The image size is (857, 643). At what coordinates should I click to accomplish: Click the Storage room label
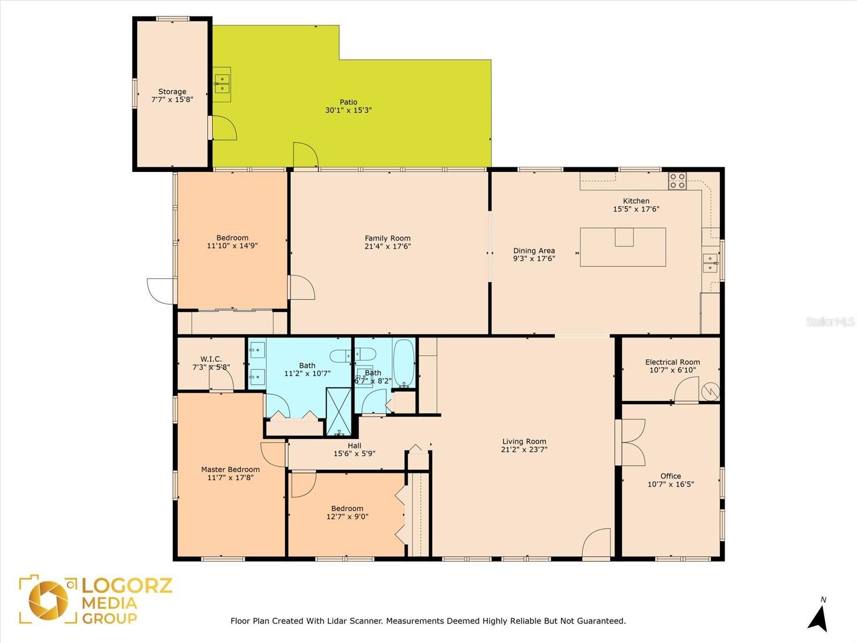click(172, 92)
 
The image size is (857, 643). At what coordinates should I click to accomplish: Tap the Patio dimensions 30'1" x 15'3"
click(348, 110)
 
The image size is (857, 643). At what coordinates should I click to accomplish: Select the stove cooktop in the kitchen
click(677, 181)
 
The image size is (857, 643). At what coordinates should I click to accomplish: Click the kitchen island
click(623, 247)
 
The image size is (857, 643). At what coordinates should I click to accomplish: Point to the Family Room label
click(388, 238)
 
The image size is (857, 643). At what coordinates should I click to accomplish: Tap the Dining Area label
click(533, 251)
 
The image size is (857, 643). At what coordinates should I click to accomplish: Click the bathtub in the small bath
click(403, 363)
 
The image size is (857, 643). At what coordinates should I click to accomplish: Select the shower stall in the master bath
click(339, 412)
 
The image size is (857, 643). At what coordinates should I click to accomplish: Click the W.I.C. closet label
click(211, 359)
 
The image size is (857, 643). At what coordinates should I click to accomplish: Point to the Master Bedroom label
click(230, 469)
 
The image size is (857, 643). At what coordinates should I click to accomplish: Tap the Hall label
click(355, 445)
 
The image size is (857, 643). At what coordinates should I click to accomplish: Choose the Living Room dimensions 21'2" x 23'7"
click(524, 450)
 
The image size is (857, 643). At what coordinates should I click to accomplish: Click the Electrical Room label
click(672, 362)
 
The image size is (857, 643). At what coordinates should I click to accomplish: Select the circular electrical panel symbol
click(710, 392)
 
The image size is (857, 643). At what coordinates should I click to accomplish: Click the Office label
click(671, 476)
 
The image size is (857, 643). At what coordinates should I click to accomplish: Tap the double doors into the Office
click(630, 443)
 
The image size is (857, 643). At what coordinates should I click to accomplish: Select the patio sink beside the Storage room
click(222, 85)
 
